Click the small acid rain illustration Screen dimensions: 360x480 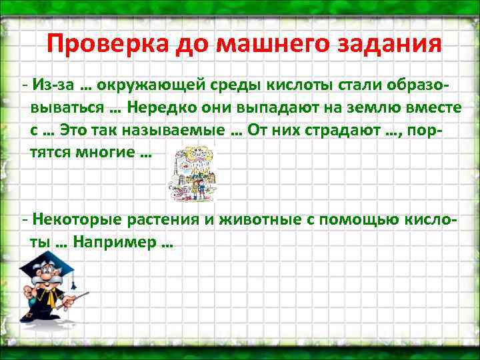point(194,173)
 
